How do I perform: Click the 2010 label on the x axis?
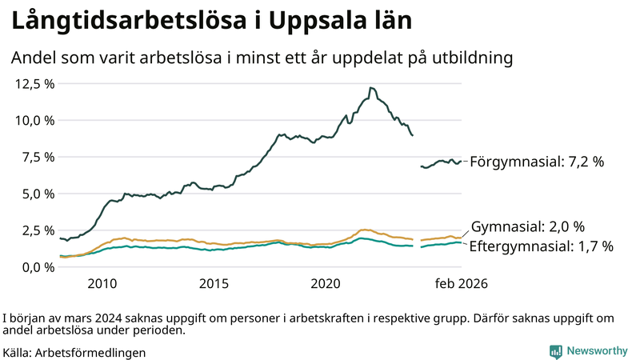(x=102, y=284)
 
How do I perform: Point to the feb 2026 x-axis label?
(x=461, y=284)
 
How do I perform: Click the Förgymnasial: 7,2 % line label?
(x=536, y=162)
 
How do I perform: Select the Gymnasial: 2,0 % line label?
(x=527, y=226)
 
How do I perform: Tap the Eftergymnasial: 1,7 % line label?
(x=541, y=246)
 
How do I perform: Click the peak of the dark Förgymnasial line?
(x=370, y=88)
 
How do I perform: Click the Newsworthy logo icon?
(x=555, y=351)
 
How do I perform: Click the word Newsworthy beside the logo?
(x=597, y=351)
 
